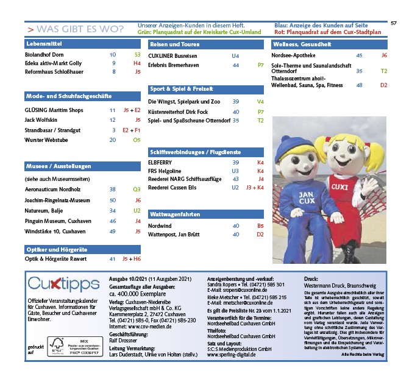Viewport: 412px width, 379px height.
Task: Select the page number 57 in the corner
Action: click(x=394, y=23)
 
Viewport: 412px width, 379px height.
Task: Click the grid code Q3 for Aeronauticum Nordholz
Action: click(x=137, y=189)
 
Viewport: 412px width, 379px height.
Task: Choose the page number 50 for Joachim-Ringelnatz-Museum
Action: click(x=113, y=200)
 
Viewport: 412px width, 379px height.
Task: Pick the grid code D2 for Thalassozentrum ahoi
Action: click(x=383, y=85)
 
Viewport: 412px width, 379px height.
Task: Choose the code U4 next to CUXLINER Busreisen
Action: click(x=235, y=55)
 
